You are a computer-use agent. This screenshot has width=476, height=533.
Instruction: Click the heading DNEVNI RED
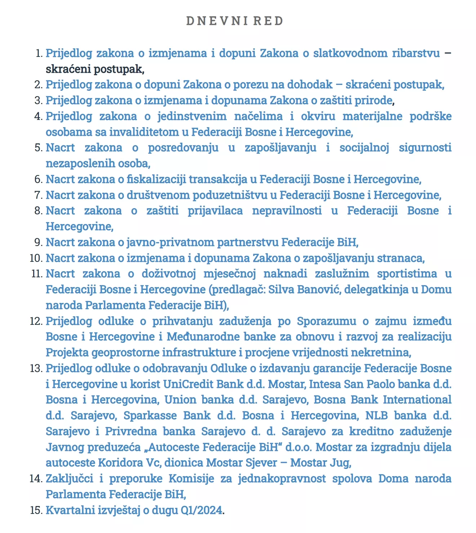(235, 21)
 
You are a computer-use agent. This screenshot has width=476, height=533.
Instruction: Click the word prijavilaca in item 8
(215, 211)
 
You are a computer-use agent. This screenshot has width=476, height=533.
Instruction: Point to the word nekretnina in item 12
(381, 352)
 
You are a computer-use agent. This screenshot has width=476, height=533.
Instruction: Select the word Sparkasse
(150, 415)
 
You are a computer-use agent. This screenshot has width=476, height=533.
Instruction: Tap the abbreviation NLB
(377, 415)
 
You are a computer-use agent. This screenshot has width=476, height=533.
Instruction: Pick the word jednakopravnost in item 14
(281, 478)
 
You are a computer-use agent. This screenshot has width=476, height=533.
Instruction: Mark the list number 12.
(36, 321)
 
